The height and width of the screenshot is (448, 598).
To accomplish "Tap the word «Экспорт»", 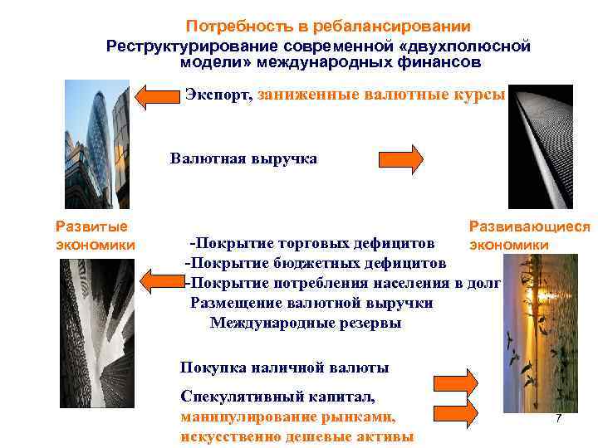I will click(218, 94).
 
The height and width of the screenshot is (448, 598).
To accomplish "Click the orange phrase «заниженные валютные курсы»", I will click(381, 94).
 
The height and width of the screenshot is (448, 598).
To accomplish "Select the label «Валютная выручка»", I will click(243, 158).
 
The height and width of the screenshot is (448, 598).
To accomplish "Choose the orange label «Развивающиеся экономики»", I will click(529, 235).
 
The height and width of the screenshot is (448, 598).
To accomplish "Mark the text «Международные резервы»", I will click(305, 323).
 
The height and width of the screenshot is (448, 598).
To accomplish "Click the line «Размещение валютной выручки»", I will click(311, 303).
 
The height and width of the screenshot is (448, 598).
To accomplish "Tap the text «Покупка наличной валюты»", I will click(284, 367).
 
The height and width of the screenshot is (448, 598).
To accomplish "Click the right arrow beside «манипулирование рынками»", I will click(455, 411).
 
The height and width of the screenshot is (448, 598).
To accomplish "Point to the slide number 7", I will click(559, 420).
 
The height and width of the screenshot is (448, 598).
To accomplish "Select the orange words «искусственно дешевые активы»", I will click(296, 436).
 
